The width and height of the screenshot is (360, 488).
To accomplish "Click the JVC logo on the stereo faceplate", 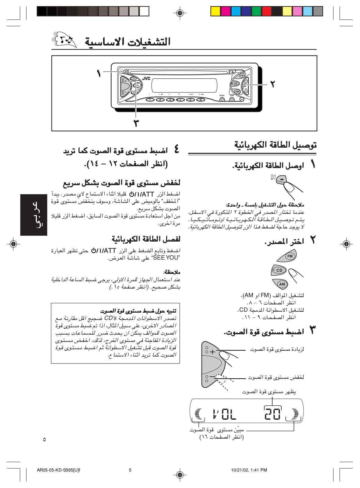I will (146, 79).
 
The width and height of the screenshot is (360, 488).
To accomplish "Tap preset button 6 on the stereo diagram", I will (200, 100).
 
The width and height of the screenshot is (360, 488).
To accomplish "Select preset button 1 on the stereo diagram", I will (150, 100).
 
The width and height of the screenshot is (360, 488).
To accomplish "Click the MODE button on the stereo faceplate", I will (222, 99).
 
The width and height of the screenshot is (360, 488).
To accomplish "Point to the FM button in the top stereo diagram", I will (242, 75).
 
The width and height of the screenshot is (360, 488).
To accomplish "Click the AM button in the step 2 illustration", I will (282, 284).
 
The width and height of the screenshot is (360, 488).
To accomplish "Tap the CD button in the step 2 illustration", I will (279, 270).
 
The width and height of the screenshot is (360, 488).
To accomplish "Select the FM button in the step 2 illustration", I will (290, 256).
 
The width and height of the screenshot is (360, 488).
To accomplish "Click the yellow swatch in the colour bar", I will (216, 11).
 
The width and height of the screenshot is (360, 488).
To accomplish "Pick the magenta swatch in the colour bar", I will (226, 11).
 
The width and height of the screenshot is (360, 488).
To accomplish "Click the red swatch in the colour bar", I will (267, 11).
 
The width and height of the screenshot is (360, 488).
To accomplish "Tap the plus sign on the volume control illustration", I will (212, 352).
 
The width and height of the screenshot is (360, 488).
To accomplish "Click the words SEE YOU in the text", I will (166, 258).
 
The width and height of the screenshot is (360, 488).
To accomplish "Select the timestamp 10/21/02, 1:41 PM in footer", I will (249, 470).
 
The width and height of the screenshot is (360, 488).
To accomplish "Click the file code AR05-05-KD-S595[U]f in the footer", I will (58, 470).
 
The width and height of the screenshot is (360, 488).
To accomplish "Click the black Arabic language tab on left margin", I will (34, 214).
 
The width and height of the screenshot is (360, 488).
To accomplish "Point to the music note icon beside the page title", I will (65, 40).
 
